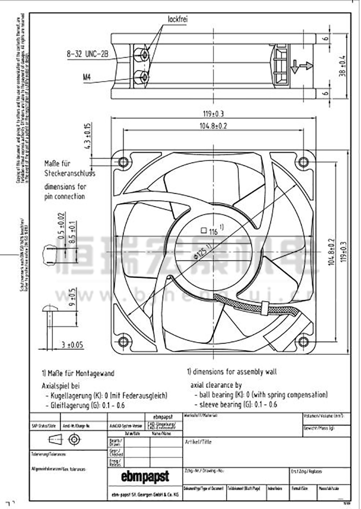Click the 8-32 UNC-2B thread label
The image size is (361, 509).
tap(87, 55)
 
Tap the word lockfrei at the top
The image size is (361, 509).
tap(177, 19)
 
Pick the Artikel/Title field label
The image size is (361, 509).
tap(198, 441)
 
